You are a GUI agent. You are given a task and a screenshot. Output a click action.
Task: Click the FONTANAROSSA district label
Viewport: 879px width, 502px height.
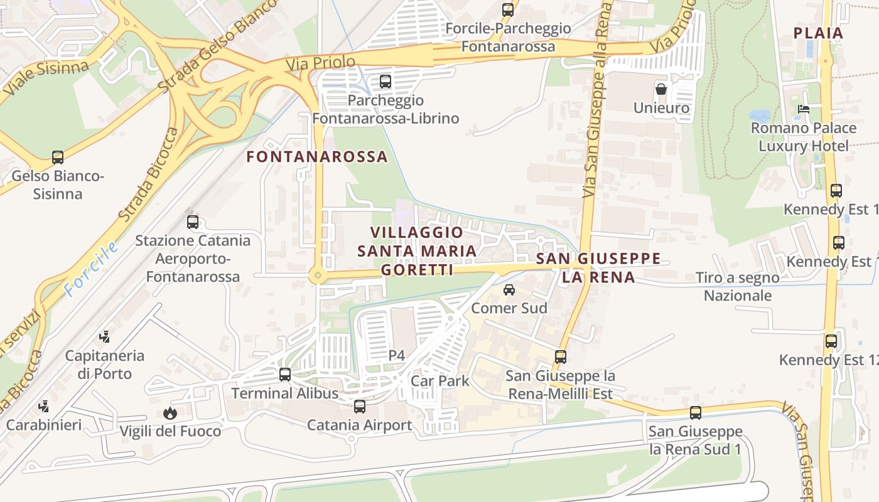[317, 157]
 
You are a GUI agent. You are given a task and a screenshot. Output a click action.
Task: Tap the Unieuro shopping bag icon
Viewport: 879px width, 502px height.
[661, 88]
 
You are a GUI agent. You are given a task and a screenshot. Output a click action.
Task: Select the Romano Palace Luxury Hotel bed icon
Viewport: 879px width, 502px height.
[803, 109]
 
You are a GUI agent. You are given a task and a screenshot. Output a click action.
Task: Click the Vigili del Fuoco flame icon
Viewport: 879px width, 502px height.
[170, 413]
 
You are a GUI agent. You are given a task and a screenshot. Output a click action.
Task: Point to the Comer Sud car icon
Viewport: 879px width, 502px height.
[509, 290]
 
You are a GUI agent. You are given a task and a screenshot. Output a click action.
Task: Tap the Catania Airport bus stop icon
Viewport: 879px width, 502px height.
[360, 407]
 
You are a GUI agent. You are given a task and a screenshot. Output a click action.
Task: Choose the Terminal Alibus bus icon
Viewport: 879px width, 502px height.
[285, 375]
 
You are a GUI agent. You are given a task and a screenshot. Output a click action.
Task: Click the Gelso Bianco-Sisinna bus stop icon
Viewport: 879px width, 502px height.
[58, 158]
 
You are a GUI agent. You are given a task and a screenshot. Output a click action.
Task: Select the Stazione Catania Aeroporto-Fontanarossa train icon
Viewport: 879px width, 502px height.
[193, 222]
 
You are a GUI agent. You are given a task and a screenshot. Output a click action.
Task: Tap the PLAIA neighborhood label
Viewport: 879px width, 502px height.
[818, 33]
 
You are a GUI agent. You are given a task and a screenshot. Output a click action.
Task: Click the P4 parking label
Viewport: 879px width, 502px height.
[396, 356]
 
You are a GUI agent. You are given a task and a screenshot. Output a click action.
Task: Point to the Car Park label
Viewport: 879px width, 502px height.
[440, 381]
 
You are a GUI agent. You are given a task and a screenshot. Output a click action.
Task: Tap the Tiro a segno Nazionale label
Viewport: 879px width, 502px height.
[737, 286]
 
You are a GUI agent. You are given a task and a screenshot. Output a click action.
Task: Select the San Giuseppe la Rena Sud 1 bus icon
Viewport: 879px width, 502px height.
[696, 413]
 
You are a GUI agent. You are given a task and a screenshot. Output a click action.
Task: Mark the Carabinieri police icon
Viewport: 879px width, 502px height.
[43, 407]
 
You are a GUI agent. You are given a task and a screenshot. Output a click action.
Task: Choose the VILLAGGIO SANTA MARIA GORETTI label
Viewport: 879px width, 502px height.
[417, 251]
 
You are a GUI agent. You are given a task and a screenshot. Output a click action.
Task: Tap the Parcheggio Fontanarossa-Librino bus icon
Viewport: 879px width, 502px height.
[386, 82]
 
